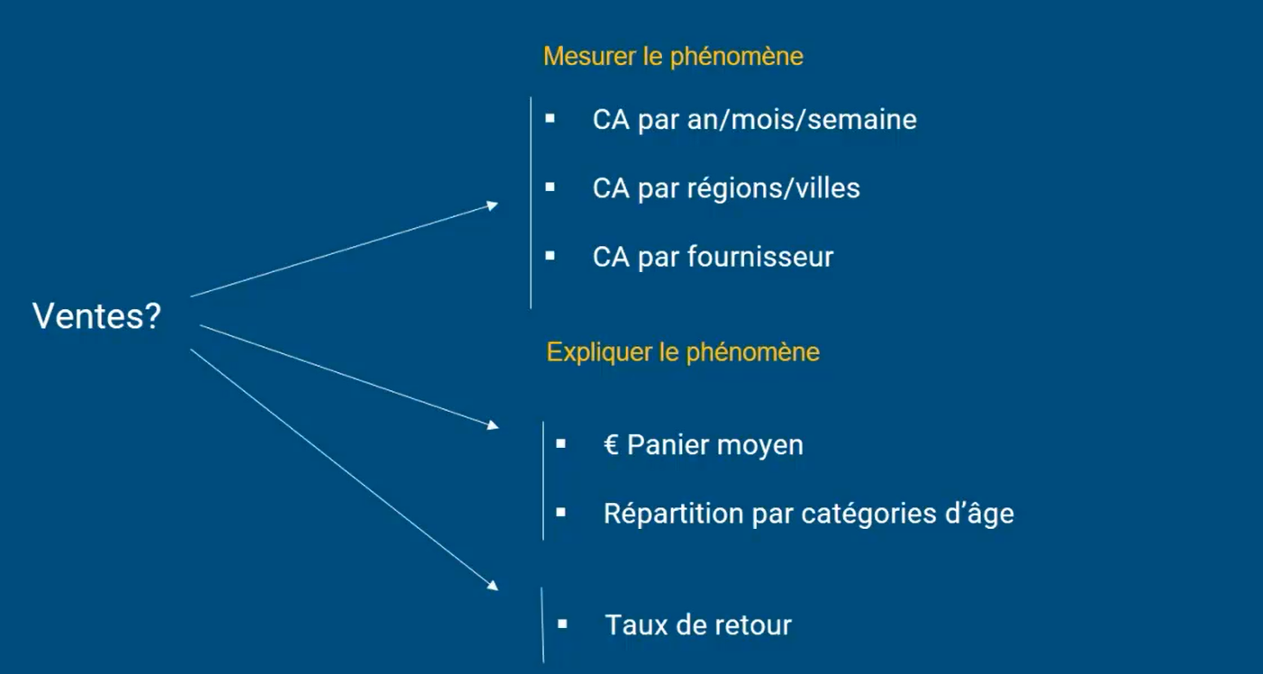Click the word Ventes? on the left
point(96,316)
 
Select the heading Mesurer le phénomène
point(673,57)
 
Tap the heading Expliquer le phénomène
point(683,351)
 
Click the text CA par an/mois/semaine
point(754,120)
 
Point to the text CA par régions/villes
point(726,188)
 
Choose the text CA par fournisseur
point(713,257)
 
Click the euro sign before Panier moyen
point(612,445)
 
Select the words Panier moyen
point(715,445)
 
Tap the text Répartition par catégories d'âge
point(808,514)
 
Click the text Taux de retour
point(698,625)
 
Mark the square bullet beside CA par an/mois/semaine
point(550,118)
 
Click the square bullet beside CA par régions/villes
point(550,187)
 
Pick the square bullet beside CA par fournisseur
point(550,256)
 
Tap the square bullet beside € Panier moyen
point(560,443)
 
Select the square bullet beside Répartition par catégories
point(560,512)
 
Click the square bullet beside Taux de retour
point(562,624)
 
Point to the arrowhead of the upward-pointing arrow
point(493,205)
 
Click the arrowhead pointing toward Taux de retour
point(493,586)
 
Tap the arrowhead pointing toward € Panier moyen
point(493,424)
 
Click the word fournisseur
point(760,257)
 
